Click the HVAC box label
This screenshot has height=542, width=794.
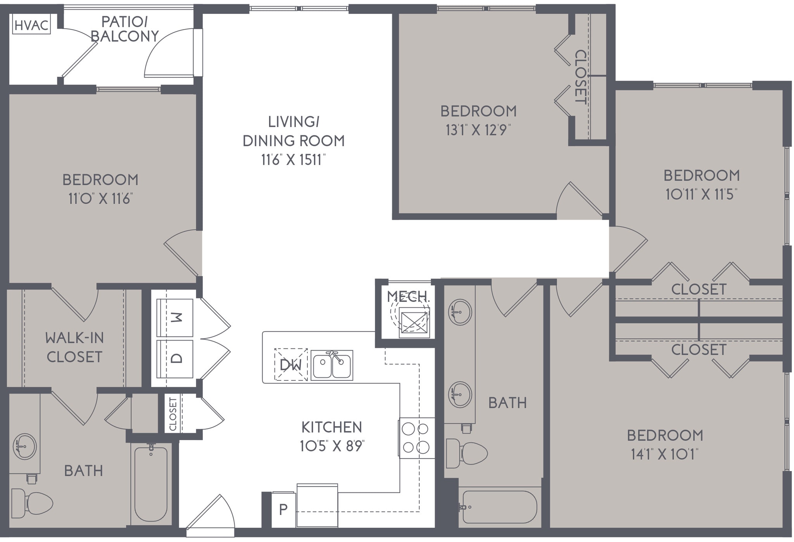pyautogui.click(x=31, y=25)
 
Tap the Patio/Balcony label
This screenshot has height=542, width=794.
pyautogui.click(x=124, y=29)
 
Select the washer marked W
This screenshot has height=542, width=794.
pyautogui.click(x=175, y=318)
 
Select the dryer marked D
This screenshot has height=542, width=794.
pyautogui.click(x=175, y=359)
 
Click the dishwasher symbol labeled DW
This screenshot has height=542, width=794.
pyautogui.click(x=291, y=365)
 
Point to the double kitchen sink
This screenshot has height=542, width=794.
pyautogui.click(x=332, y=365)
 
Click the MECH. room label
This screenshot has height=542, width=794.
pyautogui.click(x=408, y=297)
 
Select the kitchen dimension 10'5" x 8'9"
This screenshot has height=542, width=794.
pyautogui.click(x=332, y=446)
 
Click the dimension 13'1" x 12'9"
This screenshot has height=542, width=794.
pyautogui.click(x=478, y=130)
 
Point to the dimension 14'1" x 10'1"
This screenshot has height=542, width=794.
pyautogui.click(x=665, y=454)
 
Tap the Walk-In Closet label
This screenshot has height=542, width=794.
pyautogui.click(x=74, y=347)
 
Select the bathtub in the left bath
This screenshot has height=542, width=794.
pyautogui.click(x=151, y=484)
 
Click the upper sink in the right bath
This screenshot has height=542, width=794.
pyautogui.click(x=460, y=312)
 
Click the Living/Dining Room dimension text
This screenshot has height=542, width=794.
pyautogui.click(x=293, y=160)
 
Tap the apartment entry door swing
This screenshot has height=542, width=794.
pyautogui.click(x=211, y=513)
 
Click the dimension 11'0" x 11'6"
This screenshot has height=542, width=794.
pyautogui.click(x=100, y=199)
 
